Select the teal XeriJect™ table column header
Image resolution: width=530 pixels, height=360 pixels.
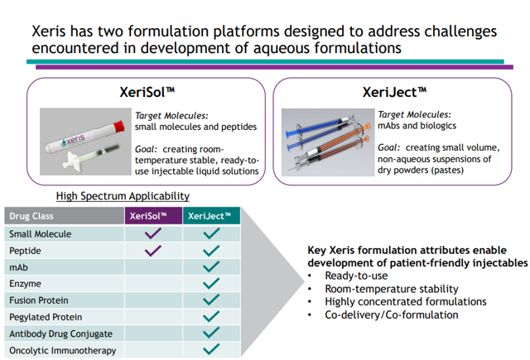[211, 216]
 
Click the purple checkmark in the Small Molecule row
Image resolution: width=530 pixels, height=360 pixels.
[153, 234]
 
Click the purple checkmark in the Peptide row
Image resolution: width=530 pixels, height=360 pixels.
[153, 251]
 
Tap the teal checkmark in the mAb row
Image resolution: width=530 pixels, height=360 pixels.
[211, 267]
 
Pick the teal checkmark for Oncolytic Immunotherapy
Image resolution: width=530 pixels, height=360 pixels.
[211, 350]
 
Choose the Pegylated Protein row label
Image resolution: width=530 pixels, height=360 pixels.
[45, 317]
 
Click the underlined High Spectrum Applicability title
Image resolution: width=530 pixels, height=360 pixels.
[123, 196]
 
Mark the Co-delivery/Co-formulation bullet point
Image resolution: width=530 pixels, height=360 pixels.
[392, 314]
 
